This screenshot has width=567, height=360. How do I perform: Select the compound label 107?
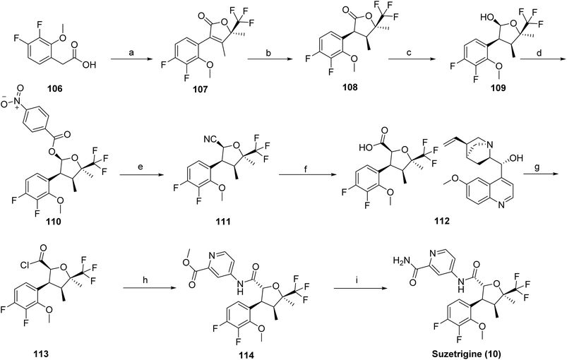coord(200,89)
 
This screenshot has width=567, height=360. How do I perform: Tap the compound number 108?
coord(350,87)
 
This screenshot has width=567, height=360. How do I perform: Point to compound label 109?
coord(498,88)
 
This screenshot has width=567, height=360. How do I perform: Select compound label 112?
coord(442,221)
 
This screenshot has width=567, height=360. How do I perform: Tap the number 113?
coord(40,354)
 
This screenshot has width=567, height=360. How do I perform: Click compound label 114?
coord(246,355)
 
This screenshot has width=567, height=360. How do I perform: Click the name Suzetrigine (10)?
coord(475,354)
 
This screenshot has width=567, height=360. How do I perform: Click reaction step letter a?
coord(131,53)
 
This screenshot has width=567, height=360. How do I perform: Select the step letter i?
coord(357,279)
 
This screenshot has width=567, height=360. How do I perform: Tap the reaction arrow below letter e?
coord(141,175)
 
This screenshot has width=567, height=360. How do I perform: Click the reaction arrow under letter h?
coord(145,288)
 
